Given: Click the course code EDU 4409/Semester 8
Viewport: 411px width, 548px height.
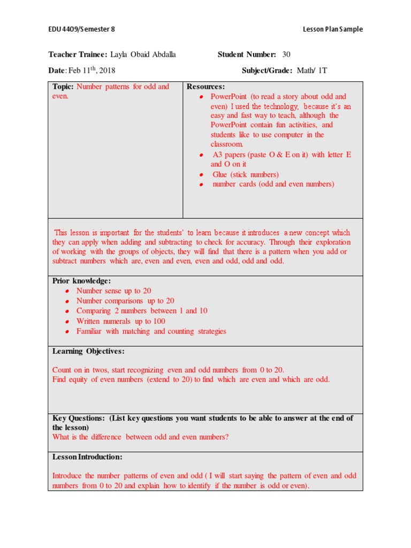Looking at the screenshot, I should pyautogui.click(x=81, y=29).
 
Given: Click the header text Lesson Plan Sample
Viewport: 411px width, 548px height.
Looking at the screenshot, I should pyautogui.click(x=333, y=29).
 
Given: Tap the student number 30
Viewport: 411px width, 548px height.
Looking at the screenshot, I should pyautogui.click(x=286, y=55).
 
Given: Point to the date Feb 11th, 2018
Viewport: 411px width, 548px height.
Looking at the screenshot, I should pyautogui.click(x=90, y=70).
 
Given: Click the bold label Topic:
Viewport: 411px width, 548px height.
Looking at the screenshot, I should pyautogui.click(x=63, y=87).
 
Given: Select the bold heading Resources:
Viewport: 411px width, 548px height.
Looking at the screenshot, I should pyautogui.click(x=205, y=87).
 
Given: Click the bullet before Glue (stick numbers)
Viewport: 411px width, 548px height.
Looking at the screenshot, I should pyautogui.click(x=201, y=175).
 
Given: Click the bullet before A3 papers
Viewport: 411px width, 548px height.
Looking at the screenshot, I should pyautogui.click(x=201, y=155).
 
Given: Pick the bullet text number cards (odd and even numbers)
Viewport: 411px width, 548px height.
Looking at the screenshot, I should pyautogui.click(x=273, y=184).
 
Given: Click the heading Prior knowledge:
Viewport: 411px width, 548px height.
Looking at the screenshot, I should pyautogui.click(x=81, y=281).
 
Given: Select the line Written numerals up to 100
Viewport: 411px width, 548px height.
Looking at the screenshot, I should pyautogui.click(x=120, y=321).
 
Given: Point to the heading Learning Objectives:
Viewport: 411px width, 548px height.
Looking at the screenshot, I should pyautogui.click(x=88, y=351).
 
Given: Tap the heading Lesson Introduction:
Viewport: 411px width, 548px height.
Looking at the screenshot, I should pyautogui.click(x=87, y=457).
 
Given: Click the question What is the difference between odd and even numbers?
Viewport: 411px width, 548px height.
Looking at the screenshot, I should pyautogui.click(x=140, y=437).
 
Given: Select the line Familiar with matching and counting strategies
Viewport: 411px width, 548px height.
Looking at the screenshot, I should pyautogui.click(x=151, y=331).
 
